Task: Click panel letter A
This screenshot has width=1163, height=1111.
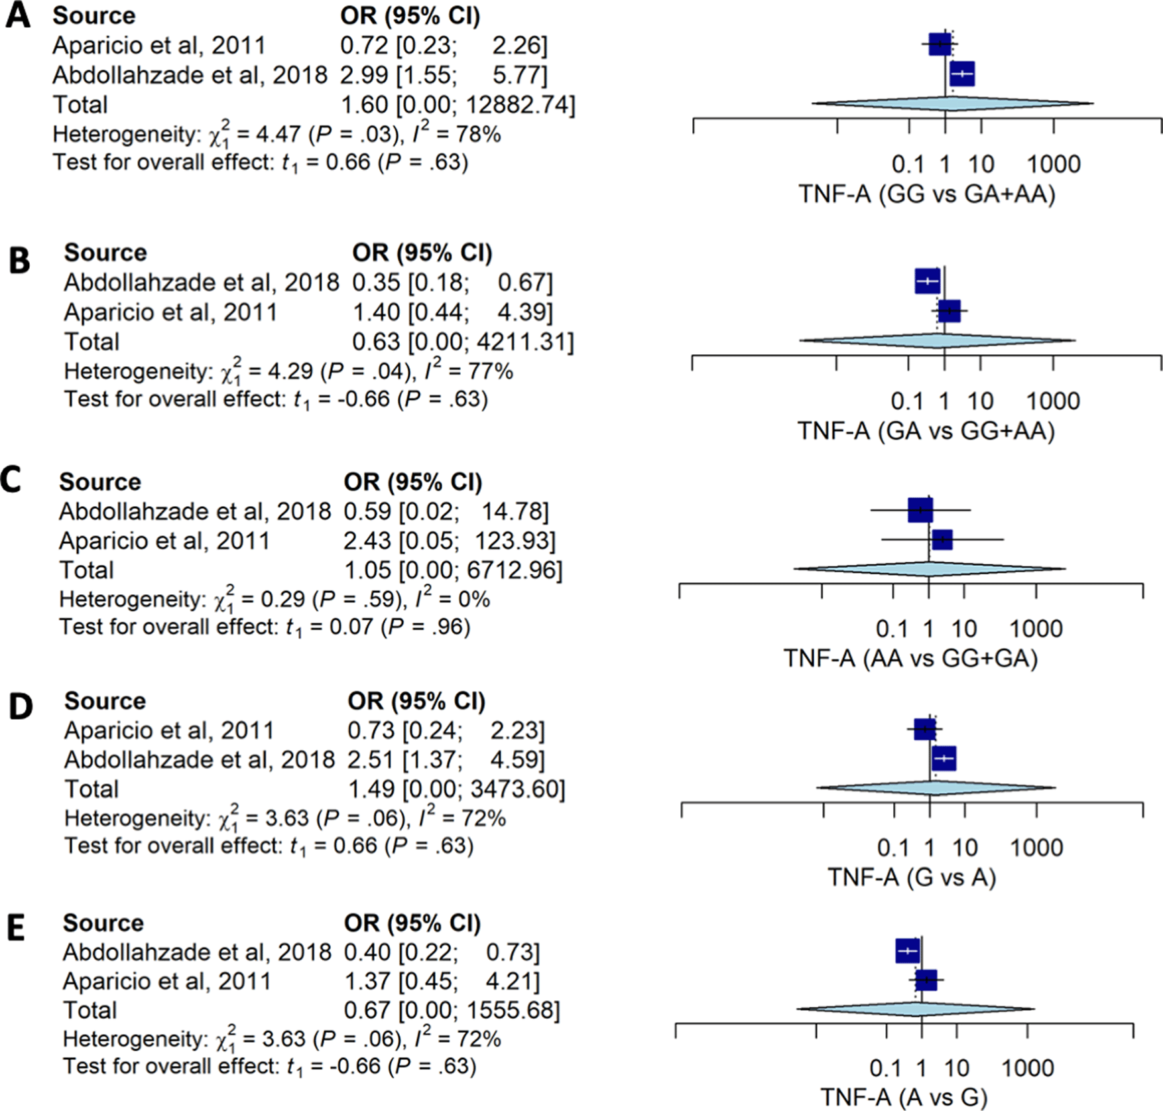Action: click(18, 16)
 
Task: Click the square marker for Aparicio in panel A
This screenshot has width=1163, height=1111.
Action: click(940, 44)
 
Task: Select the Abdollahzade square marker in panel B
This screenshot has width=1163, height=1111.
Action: click(927, 281)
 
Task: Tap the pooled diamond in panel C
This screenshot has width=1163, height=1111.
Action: click(929, 569)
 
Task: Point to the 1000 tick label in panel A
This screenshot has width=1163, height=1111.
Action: click(1054, 164)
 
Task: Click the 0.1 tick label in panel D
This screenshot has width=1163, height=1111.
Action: click(892, 847)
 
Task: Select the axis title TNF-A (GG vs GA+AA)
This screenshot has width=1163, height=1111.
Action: click(926, 194)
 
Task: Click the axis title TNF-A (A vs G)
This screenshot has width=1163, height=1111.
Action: click(904, 1097)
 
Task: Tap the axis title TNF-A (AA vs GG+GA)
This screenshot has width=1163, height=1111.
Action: click(910, 658)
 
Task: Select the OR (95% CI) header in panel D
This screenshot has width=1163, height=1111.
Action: click(416, 700)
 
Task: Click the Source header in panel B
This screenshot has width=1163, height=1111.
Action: click(105, 253)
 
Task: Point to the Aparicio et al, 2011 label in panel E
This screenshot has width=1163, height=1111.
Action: click(166, 981)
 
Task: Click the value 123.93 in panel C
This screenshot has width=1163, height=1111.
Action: click(514, 541)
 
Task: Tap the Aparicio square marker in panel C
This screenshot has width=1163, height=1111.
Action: click(942, 539)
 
